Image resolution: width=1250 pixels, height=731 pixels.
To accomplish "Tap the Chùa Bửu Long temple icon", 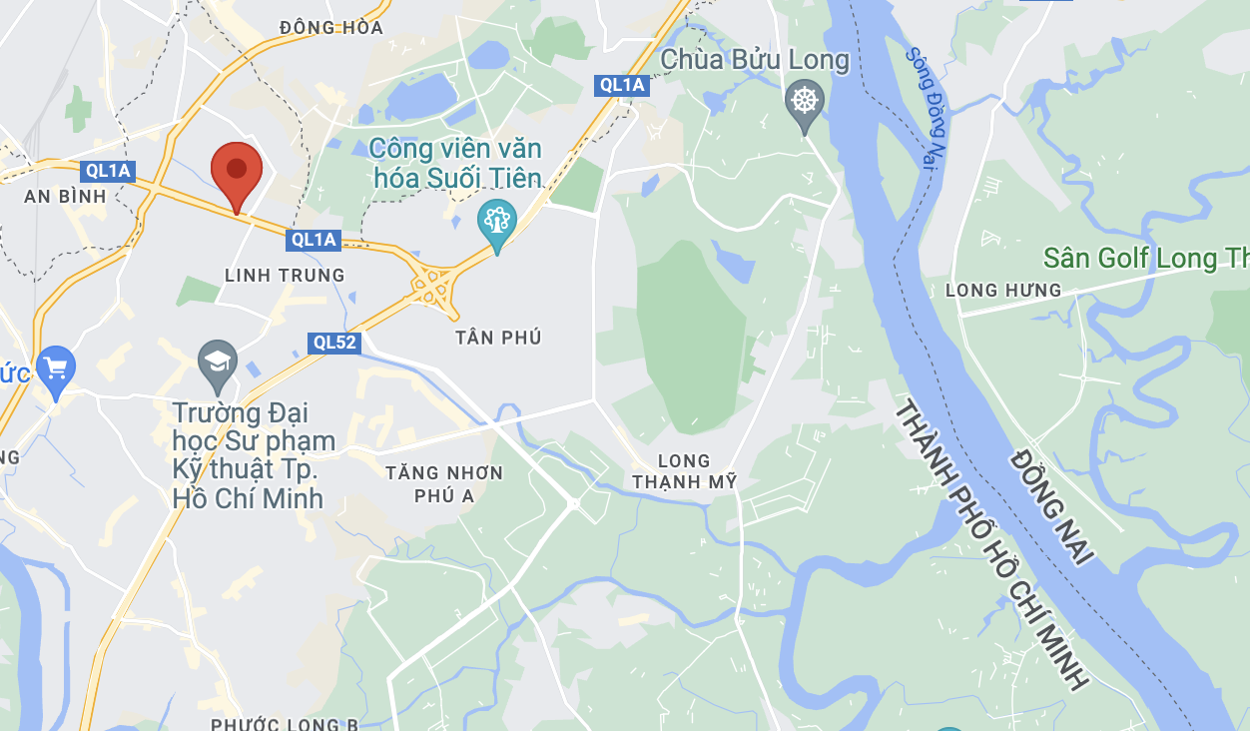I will click(804, 101).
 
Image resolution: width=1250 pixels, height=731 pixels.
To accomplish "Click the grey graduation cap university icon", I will click(217, 363).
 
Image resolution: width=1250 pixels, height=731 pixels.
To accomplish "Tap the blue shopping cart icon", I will click(55, 368).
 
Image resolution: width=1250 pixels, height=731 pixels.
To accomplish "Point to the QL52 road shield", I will click(334, 343).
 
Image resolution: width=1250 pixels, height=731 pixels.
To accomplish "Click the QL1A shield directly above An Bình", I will click(109, 171).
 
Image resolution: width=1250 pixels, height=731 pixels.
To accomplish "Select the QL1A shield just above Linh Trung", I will click(314, 240).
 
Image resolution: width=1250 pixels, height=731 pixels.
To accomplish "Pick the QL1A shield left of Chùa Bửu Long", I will click(623, 85).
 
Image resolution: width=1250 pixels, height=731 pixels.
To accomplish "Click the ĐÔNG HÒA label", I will click(331, 28).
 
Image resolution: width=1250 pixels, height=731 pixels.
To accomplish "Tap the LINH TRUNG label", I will click(285, 275).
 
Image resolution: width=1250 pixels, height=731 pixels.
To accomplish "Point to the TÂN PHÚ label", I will click(498, 338).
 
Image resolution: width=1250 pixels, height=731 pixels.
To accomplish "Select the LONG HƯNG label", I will click(1003, 291).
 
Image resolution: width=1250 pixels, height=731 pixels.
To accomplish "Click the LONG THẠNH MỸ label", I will click(685, 471).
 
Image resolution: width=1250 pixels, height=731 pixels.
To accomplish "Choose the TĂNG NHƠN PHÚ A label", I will click(444, 483).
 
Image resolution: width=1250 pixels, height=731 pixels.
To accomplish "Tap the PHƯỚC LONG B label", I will click(285, 723).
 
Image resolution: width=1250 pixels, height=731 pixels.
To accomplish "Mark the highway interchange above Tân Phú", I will click(433, 287).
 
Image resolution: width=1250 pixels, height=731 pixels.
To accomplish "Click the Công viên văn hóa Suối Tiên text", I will click(455, 164).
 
